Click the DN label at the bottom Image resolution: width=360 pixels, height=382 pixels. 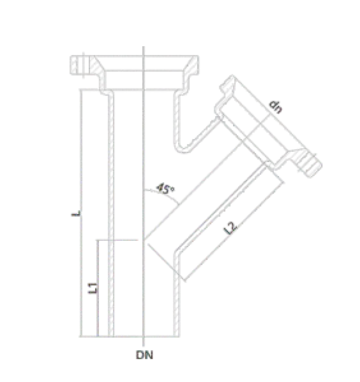144,355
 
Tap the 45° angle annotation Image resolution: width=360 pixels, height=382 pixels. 165,189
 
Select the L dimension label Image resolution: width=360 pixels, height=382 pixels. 76,213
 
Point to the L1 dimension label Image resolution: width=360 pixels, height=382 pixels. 92,288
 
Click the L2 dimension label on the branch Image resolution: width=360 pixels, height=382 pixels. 230,228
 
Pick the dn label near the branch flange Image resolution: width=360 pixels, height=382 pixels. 276,107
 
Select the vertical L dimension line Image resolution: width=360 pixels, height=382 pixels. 81,213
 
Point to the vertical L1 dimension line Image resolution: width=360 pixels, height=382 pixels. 97,288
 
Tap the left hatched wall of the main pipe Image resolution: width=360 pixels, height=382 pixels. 111,213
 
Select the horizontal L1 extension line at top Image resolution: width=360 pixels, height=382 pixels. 117,240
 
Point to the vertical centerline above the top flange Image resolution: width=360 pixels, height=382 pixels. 143,51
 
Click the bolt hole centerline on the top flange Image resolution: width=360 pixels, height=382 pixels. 84,66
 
